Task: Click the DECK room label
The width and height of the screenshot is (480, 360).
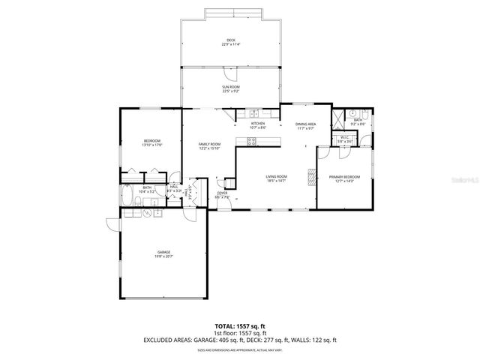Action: click(x=230, y=40)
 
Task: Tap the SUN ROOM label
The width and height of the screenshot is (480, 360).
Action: click(x=230, y=87)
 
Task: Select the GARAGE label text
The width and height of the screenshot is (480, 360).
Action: click(x=163, y=252)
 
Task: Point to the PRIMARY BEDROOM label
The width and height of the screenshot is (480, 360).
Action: click(x=345, y=177)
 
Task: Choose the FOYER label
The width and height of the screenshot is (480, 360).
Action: click(x=222, y=193)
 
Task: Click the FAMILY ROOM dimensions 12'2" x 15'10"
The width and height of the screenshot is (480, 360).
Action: click(x=209, y=148)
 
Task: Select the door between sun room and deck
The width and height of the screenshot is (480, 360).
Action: click(x=231, y=73)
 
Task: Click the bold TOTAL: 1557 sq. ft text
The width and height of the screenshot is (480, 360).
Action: click(x=240, y=325)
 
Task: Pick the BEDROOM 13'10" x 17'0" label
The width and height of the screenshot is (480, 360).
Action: click(x=152, y=142)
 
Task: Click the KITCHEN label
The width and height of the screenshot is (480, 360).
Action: click(x=258, y=124)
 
